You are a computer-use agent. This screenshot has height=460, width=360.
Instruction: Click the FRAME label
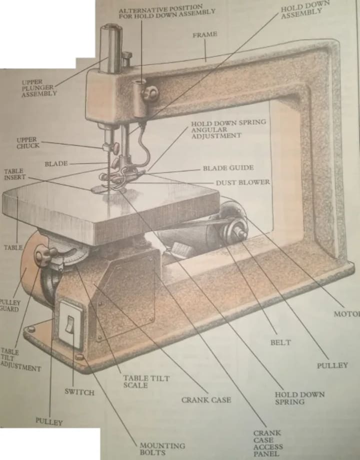[205, 34]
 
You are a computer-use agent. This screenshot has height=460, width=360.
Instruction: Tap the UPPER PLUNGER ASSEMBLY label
[38, 87]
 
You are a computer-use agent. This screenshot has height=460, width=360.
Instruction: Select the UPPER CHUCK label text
[28, 143]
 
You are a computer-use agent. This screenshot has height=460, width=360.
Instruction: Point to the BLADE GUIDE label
[228, 168]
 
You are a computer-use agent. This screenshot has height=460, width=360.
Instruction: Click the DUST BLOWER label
[242, 182]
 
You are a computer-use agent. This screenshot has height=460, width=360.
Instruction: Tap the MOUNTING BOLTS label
[161, 448]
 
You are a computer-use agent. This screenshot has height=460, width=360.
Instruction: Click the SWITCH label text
[79, 392]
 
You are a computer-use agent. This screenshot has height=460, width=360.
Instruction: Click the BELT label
[280, 343]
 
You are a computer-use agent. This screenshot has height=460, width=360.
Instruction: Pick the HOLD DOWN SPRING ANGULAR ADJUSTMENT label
[229, 128]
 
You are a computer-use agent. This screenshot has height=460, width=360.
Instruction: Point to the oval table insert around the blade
[100, 189]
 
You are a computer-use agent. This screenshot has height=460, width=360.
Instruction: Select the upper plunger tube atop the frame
[111, 47]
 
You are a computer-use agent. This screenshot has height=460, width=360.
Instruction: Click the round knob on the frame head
[149, 93]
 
